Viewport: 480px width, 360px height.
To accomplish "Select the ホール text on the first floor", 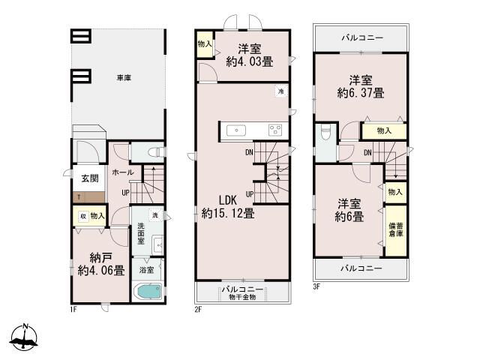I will pos(122,172).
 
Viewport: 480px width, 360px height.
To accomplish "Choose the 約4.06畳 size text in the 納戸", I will pos(100,271).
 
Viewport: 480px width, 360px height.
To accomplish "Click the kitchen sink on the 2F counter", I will pos(236,129).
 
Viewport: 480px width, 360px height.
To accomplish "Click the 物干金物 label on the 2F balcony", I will pos(242,297).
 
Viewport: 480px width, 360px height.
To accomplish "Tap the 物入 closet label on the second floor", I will pos(205,44).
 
